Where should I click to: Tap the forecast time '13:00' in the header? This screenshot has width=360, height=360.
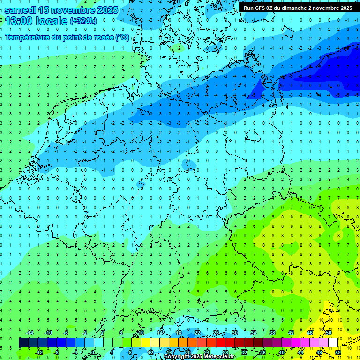coord(19,21)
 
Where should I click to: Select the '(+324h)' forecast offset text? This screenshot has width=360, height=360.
coord(83,21)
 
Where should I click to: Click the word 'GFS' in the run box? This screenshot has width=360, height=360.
coord(261,8)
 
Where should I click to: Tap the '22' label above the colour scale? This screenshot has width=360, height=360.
coord(197,333)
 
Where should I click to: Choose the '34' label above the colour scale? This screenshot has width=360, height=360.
coord(253,333)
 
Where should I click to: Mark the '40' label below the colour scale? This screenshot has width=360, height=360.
coord(281,352)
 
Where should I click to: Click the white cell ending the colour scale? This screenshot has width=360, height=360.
coord(333,343)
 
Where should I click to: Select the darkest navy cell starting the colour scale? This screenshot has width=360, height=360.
coord(23,343)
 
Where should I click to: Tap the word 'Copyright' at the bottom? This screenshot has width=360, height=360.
coord(176,357)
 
